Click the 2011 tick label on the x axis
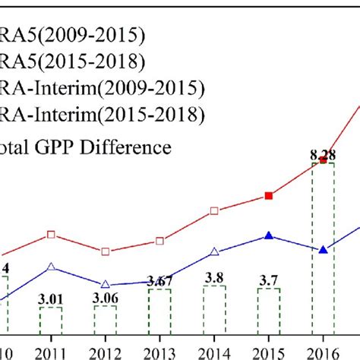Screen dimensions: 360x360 50,351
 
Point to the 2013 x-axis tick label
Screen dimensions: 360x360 159,351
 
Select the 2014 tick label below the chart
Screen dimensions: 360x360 214,351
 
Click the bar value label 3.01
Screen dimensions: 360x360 50,298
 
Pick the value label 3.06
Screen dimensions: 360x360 105,298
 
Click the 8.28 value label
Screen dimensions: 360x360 323,155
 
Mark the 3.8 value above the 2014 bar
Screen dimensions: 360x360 214,277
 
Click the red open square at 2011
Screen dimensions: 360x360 51,235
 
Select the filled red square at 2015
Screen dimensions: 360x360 269,196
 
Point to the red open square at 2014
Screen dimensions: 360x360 214,210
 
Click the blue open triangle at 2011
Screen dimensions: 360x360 51,267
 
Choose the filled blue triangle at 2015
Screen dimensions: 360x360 269,235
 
